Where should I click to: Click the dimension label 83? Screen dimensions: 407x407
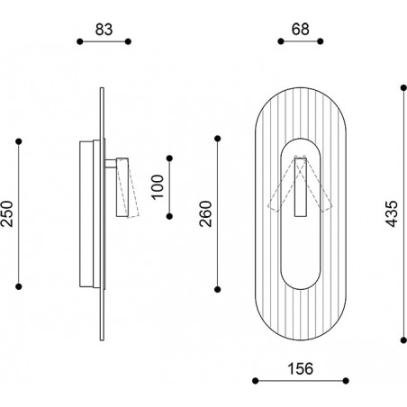click(104, 30)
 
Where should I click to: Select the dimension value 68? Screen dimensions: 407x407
click(300, 30)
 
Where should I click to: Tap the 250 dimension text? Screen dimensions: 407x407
click(7, 213)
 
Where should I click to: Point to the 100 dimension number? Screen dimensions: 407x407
click(158, 187)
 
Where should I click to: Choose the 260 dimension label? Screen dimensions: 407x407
click(205, 213)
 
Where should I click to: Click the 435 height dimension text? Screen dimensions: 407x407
click(392, 213)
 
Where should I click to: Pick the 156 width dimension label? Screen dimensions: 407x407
click(300, 369)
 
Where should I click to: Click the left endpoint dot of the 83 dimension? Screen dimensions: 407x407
click(80, 41)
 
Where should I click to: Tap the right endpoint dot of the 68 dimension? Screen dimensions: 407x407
click(321, 41)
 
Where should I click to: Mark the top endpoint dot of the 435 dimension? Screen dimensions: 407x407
click(403, 88)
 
